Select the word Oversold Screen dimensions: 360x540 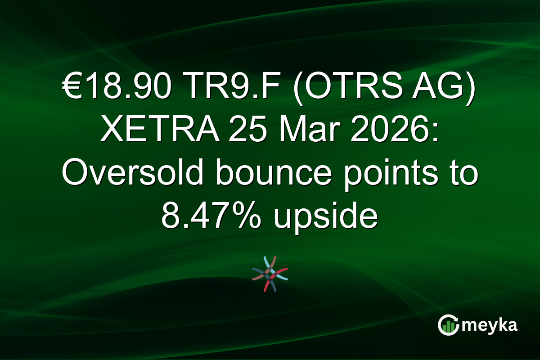[134, 173]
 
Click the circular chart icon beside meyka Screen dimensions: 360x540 [448, 325]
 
